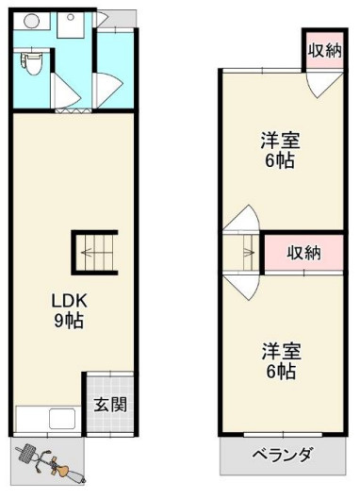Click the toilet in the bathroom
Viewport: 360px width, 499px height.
pos(31,63)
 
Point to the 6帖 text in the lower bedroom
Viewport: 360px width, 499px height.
pos(280,372)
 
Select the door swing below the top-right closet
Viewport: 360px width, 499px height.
pos(323,87)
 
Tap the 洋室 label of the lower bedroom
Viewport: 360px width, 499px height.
pos(280,352)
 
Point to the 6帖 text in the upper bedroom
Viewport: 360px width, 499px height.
pos(280,161)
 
